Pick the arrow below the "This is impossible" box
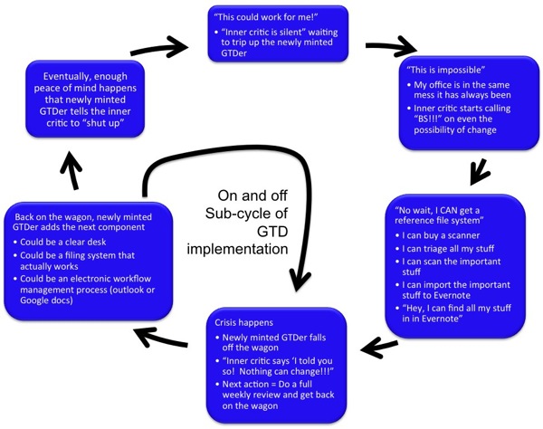click(x=477, y=172)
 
